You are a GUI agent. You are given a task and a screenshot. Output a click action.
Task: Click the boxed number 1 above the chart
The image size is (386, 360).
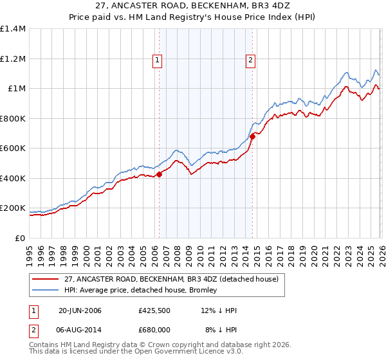tap(158, 61)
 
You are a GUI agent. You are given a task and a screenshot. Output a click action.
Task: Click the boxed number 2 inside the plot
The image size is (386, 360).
tap(250, 61)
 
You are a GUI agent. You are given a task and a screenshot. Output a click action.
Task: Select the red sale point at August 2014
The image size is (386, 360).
tap(252, 136)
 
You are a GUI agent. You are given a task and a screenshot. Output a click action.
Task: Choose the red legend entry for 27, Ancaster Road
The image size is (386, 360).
tap(171, 279)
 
